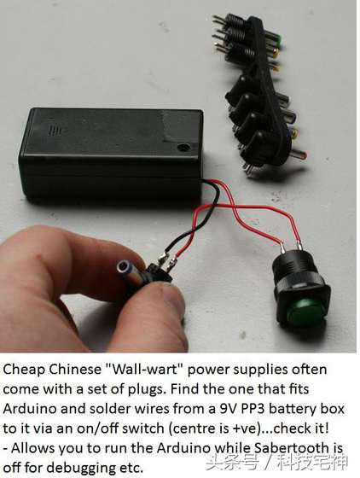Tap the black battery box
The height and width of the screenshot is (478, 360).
[x=111, y=153]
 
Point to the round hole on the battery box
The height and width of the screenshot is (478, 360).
[x=183, y=148]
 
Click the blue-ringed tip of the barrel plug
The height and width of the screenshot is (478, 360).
[x=124, y=268]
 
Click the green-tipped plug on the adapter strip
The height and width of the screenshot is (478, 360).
[x=280, y=39]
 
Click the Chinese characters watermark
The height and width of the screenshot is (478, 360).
[x=276, y=463]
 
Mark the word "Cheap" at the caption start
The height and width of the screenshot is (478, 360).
[x=25, y=370]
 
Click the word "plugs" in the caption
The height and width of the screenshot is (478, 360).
[x=146, y=390]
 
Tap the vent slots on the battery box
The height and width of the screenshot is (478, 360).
[x=55, y=130]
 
